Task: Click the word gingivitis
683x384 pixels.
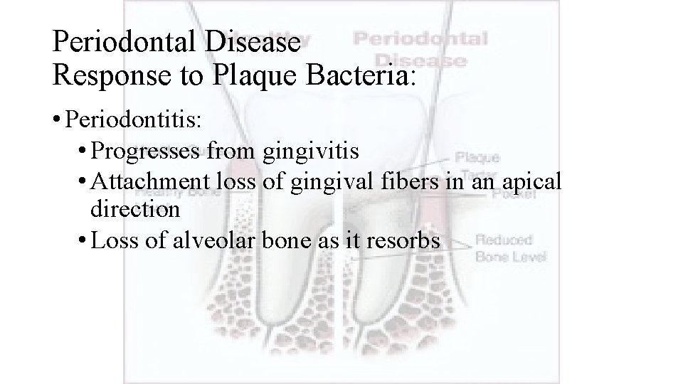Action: pos(311,151)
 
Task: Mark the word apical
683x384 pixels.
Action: pos(534,181)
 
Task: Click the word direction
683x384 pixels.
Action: pos(135,210)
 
